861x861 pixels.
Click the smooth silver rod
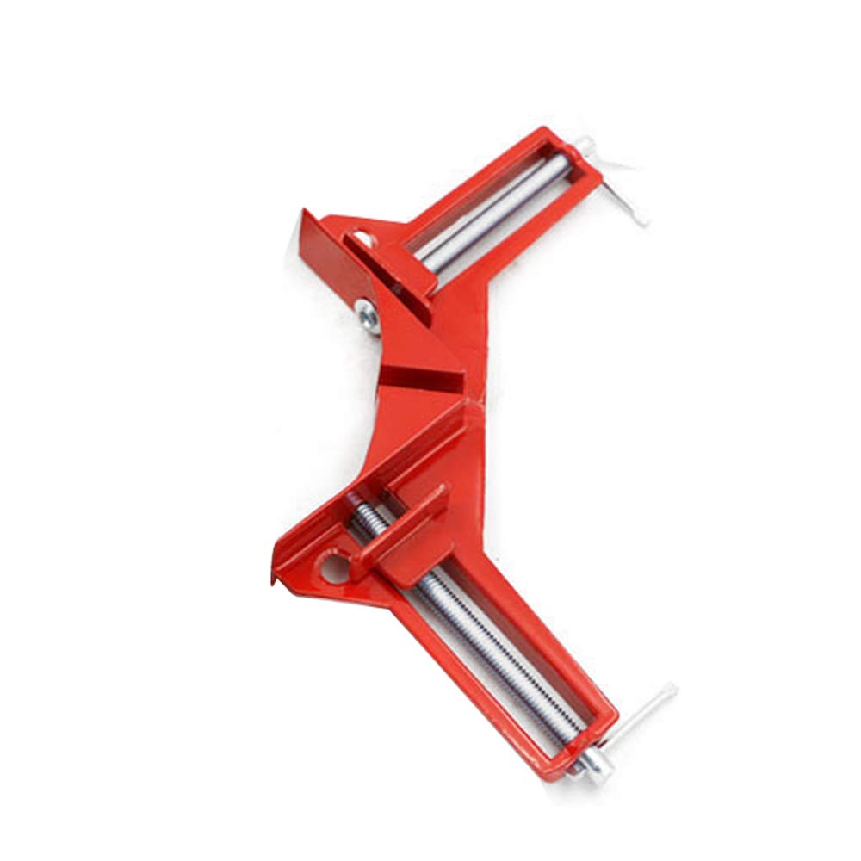(x=491, y=211)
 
